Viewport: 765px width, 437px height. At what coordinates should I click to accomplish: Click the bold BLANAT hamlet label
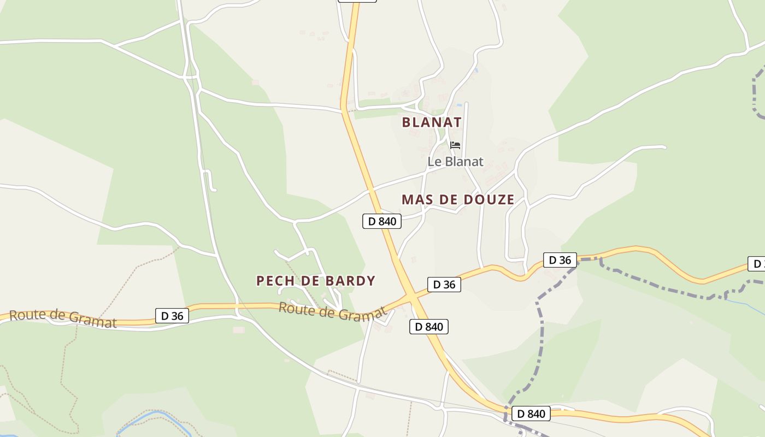coord(432,122)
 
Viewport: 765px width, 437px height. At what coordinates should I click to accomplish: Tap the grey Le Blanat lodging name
coord(455,162)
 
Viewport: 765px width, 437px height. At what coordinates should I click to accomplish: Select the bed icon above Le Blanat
coord(455,145)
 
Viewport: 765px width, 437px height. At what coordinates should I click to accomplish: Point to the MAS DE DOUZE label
coord(458,200)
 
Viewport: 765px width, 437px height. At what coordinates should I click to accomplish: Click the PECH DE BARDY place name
coord(316,281)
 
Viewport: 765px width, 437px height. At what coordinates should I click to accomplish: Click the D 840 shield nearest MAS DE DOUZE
coord(382,221)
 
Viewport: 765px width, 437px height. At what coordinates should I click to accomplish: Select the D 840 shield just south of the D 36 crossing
coord(429,327)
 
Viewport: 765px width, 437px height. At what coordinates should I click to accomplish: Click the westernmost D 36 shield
coord(172,316)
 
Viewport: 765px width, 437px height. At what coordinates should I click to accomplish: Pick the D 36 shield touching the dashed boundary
coord(560,260)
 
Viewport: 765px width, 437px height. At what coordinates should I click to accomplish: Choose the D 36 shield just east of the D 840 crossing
coord(444,285)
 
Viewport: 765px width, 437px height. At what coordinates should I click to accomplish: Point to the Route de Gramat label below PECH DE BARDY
coord(332,311)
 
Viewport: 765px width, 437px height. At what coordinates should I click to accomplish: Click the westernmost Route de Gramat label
coord(63,318)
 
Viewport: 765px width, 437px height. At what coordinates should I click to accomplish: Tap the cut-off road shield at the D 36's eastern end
coord(757,264)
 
